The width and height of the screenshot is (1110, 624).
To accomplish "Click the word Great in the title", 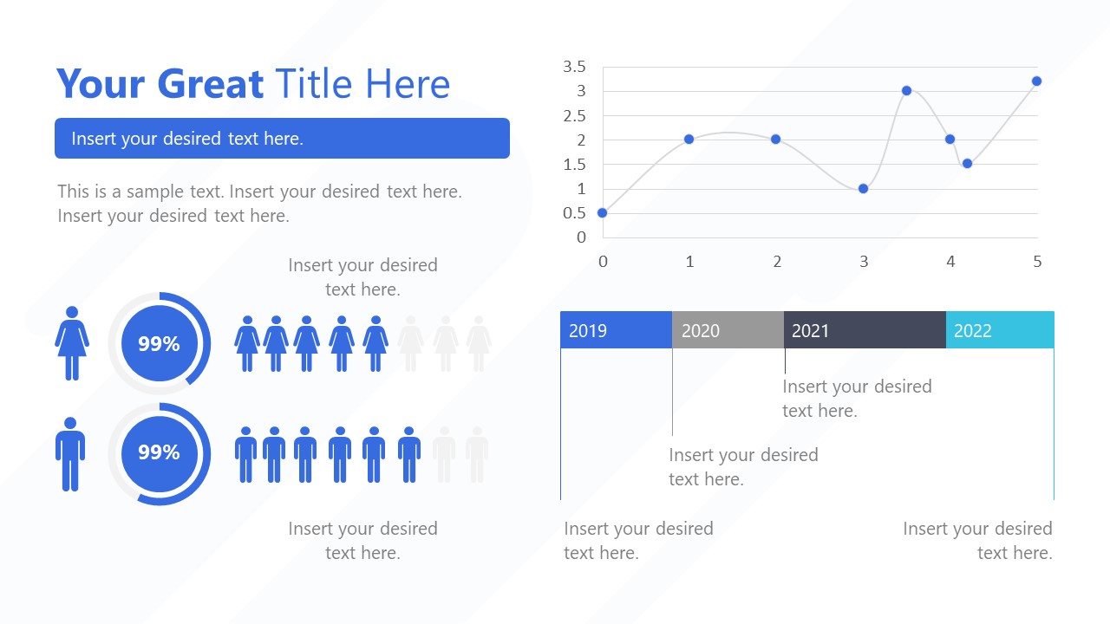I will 212,84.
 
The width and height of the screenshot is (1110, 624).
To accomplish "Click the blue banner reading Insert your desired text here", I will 282,139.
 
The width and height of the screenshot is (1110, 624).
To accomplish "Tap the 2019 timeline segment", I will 616,330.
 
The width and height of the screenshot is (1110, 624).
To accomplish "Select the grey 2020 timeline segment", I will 728,330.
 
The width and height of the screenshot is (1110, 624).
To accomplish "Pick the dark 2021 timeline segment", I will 865,330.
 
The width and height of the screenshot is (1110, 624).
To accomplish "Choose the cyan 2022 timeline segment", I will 1000,330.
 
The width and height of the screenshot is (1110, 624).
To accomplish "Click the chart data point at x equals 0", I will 603,212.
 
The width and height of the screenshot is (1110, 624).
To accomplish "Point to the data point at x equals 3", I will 863,188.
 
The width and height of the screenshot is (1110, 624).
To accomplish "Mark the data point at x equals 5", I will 1036,81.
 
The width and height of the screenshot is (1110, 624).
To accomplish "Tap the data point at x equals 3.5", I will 906,90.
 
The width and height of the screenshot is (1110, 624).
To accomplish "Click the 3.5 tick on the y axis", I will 575,67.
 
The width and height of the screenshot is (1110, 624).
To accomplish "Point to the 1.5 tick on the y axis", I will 575,165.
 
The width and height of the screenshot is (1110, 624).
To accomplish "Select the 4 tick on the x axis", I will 950,262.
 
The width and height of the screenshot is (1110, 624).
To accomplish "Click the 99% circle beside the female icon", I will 159,344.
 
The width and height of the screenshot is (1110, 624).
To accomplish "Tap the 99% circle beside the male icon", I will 159,452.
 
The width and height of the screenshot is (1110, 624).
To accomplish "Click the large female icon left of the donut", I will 72,343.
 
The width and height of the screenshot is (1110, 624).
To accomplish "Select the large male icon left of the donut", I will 70,453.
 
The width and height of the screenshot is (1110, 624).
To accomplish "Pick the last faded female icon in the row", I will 479,344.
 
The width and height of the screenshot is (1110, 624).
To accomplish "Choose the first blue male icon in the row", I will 246,454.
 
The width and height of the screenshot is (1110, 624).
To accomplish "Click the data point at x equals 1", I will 689,139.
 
